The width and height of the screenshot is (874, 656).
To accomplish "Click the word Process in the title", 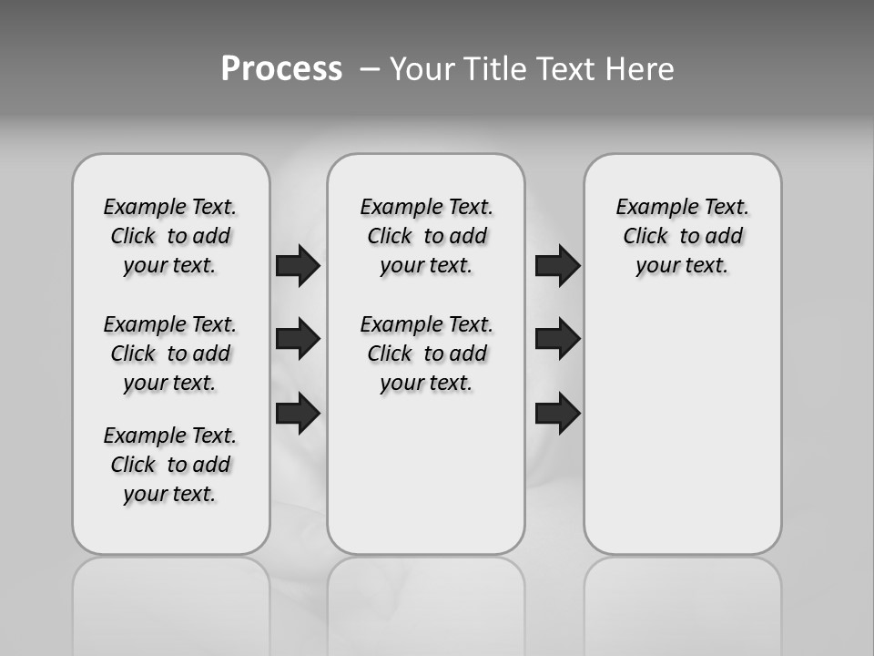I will point(281,69).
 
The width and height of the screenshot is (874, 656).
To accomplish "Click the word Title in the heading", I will point(495,69).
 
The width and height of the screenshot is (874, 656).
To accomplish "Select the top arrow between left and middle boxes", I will point(298,265).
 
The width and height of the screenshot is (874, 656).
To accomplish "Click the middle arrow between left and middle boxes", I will point(298,339).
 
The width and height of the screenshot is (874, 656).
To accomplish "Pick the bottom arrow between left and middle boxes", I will point(298,413).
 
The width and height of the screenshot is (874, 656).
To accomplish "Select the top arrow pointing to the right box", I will point(557,265).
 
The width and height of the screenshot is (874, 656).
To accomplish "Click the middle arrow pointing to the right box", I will point(557,339).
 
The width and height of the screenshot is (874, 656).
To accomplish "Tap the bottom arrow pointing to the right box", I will point(557,413).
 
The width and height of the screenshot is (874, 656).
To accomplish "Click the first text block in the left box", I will point(170,236).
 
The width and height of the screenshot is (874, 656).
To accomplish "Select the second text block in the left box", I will point(170,354).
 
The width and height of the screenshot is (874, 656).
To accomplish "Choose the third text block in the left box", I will point(170,465).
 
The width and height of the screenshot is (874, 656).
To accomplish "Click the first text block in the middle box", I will point(426,236).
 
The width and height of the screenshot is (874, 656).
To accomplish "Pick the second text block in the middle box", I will point(426,354).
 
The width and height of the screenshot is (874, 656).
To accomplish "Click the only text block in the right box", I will point(682,236).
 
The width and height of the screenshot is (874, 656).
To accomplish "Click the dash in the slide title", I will point(369,69).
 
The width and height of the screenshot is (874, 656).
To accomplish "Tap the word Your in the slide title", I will point(422,69).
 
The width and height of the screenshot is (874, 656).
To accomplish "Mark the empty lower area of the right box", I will point(682,428).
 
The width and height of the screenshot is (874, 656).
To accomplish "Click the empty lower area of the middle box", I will point(426,474).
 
